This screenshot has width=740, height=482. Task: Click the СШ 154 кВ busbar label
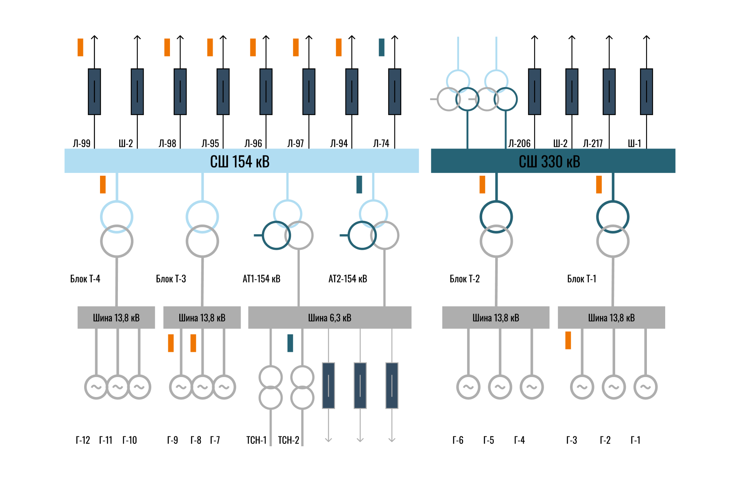click(x=239, y=161)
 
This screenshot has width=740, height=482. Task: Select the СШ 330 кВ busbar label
click(x=549, y=161)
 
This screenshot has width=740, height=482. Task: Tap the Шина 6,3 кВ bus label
click(x=330, y=318)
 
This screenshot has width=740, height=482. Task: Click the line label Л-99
click(x=82, y=143)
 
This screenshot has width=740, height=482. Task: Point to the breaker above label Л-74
click(x=395, y=92)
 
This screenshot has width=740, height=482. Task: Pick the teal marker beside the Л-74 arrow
click(x=381, y=47)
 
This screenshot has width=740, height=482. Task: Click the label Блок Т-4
click(x=85, y=279)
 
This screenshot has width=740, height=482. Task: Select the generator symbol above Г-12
click(x=96, y=387)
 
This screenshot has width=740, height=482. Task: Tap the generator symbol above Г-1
click(x=645, y=387)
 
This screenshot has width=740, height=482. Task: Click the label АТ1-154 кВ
click(x=261, y=279)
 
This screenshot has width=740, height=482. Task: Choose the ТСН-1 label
click(x=257, y=440)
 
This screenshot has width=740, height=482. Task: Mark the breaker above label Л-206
click(x=535, y=92)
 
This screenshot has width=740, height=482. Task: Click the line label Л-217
click(x=593, y=143)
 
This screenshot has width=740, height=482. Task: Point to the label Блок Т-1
click(x=582, y=279)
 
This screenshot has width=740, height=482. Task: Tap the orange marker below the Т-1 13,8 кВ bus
click(x=568, y=340)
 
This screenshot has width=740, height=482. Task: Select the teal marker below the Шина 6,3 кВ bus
click(x=290, y=343)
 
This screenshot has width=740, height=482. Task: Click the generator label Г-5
click(x=489, y=440)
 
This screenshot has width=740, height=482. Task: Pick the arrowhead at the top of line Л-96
click(x=266, y=37)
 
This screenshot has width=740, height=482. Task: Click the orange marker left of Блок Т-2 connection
click(x=482, y=184)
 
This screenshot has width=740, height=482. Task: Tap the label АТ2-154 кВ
click(x=348, y=279)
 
